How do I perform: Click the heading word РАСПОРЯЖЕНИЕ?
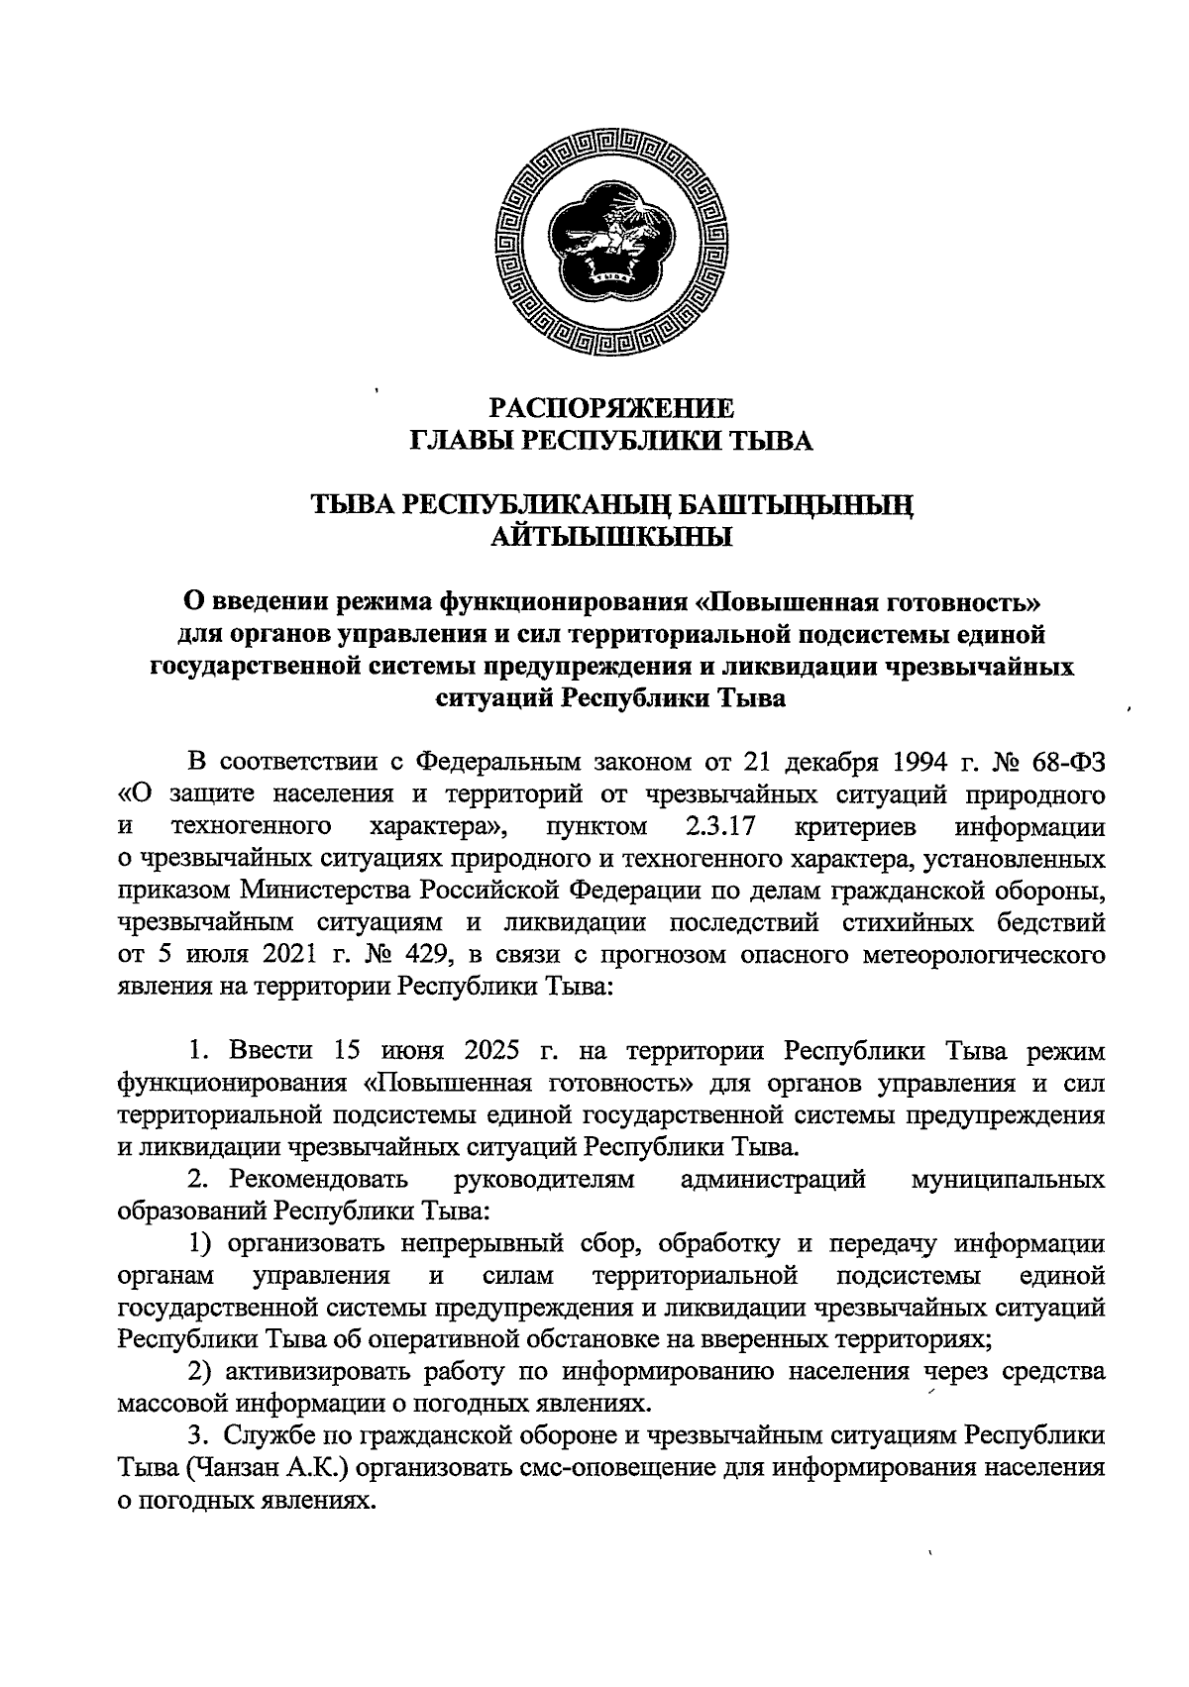click(612, 408)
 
